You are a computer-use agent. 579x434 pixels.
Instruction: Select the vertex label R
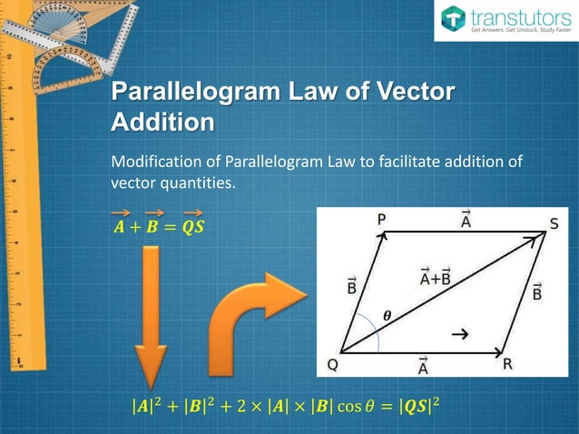(x=508, y=364)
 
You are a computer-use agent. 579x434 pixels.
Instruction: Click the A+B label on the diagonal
(x=435, y=278)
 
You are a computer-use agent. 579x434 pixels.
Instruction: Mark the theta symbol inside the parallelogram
(x=387, y=317)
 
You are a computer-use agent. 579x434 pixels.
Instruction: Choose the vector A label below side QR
(x=423, y=367)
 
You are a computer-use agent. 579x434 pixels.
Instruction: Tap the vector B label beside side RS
(x=536, y=291)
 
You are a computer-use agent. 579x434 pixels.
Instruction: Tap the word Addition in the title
(x=162, y=123)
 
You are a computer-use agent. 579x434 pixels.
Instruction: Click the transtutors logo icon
(x=452, y=18)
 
